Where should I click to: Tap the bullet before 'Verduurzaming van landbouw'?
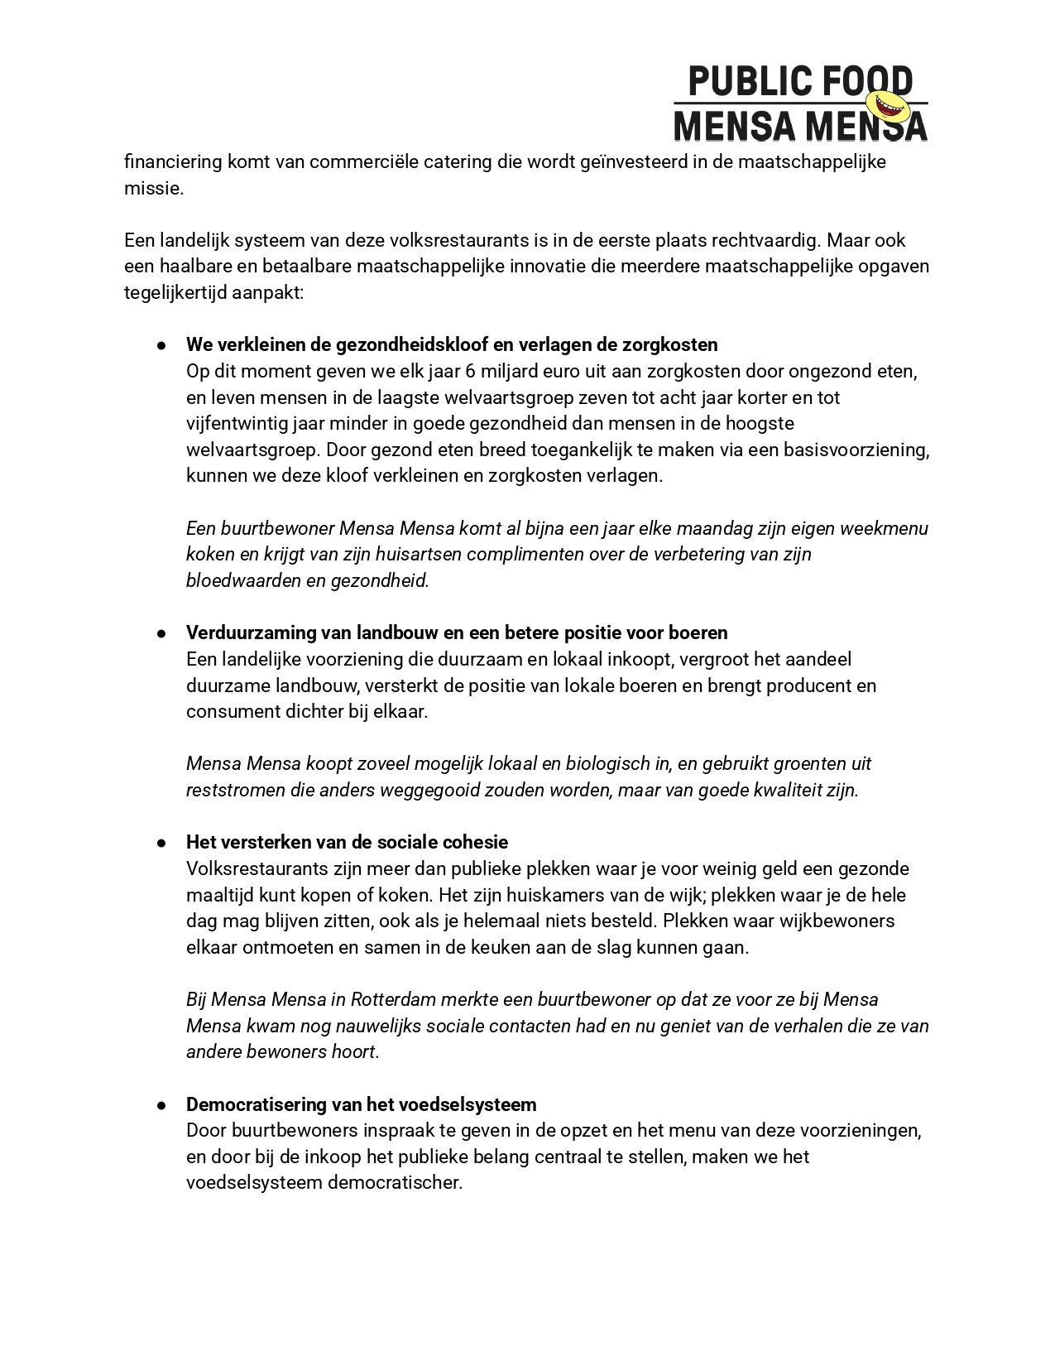coord(163,633)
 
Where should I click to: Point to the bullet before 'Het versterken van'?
coord(163,843)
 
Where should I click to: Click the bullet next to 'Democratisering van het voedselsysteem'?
coord(163,1105)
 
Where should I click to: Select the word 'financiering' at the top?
coord(173,161)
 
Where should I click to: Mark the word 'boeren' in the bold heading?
coord(700,632)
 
